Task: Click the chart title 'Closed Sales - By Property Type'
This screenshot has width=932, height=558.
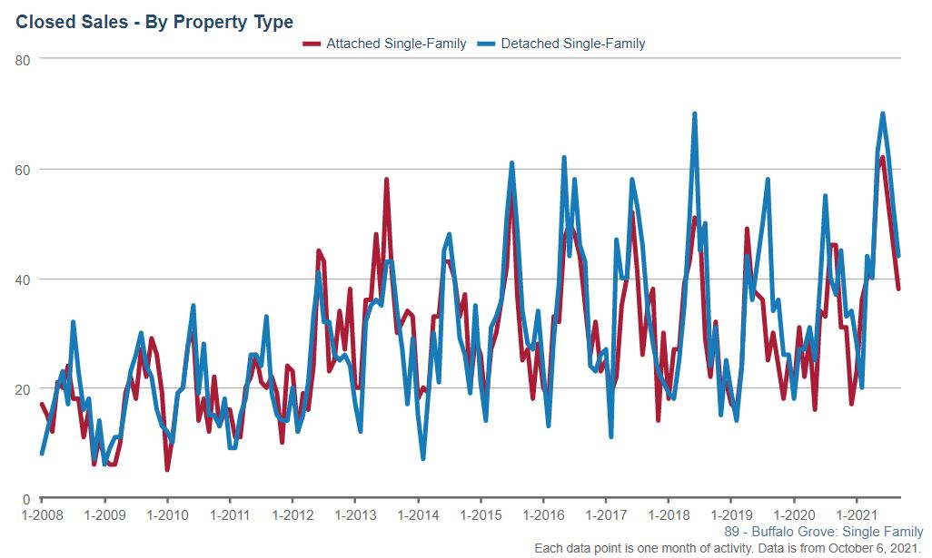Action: pyautogui.click(x=154, y=21)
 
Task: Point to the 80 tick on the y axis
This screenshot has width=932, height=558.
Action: pyautogui.click(x=23, y=60)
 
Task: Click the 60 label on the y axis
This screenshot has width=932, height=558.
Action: pyautogui.click(x=23, y=170)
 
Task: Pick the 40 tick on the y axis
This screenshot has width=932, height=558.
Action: pyautogui.click(x=23, y=279)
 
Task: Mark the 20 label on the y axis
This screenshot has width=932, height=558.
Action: pyautogui.click(x=23, y=389)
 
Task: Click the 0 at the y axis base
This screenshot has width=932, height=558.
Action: pyautogui.click(x=26, y=499)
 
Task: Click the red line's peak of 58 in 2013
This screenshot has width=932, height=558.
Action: pyautogui.click(x=386, y=180)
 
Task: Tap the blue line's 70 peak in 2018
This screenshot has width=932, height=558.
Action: pyautogui.click(x=695, y=114)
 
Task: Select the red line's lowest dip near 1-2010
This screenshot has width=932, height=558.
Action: pyautogui.click(x=167, y=470)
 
